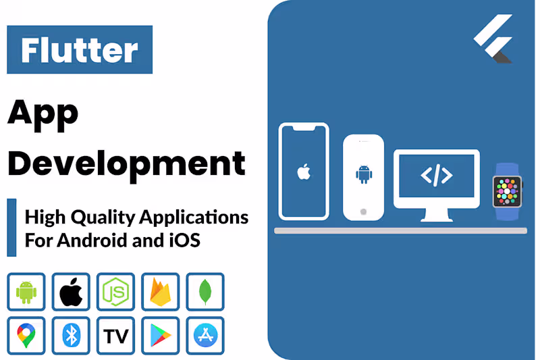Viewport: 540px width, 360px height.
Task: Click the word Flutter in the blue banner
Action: tap(79, 49)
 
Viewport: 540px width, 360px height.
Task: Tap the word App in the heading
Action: tap(43, 114)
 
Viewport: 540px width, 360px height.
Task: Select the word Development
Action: tap(126, 163)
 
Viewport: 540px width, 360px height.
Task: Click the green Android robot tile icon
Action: tap(26, 292)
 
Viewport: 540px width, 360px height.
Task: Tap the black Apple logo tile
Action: tap(71, 292)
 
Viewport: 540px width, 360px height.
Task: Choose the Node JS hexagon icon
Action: tap(115, 292)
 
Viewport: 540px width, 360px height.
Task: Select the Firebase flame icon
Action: tap(160, 292)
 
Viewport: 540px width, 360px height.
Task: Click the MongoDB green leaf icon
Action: tap(205, 292)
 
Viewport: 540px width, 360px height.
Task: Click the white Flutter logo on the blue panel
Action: tap(493, 39)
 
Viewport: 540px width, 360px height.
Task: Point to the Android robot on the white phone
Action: tap(364, 175)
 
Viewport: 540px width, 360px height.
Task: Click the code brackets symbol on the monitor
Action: tap(437, 176)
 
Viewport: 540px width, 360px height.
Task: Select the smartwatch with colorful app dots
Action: tap(507, 191)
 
